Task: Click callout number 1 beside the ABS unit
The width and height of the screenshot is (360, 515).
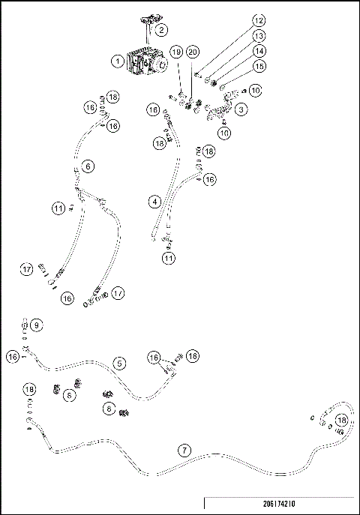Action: point(118,61)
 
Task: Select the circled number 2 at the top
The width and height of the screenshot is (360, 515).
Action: point(161,31)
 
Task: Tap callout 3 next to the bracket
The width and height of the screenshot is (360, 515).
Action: point(241,109)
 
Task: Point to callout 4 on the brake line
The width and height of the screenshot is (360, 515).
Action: point(154,201)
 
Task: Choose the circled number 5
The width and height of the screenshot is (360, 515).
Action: point(119,363)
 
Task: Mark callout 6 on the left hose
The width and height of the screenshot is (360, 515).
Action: point(88,166)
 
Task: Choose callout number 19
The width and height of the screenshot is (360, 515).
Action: point(175,52)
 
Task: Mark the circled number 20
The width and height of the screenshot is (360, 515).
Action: point(192,52)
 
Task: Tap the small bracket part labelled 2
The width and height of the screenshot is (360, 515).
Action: point(145,21)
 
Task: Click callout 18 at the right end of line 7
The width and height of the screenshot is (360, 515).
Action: point(341,420)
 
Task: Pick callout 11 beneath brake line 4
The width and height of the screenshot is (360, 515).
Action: point(169,258)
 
